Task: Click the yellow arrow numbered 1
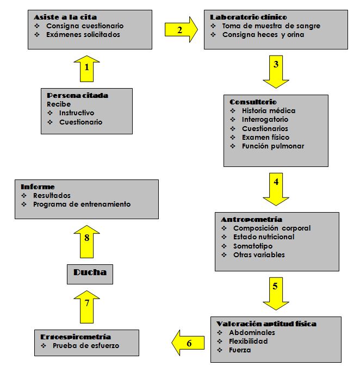click(x=86, y=69)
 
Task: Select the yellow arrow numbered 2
click(x=181, y=30)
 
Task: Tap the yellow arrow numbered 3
click(x=276, y=72)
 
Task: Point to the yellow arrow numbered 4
click(x=276, y=189)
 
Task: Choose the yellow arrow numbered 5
click(x=276, y=294)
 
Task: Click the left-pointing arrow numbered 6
click(x=188, y=343)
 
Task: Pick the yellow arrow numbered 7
click(x=86, y=307)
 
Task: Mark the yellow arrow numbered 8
click(x=86, y=241)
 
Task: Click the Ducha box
click(x=90, y=274)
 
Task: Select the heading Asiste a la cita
click(x=65, y=17)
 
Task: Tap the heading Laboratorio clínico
click(x=249, y=17)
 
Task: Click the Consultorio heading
click(x=253, y=102)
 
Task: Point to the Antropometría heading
click(x=251, y=220)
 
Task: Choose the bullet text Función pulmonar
click(x=273, y=146)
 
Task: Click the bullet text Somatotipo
click(x=253, y=246)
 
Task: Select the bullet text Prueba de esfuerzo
click(x=86, y=345)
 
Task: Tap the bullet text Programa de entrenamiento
click(x=82, y=204)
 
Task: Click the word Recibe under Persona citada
click(x=59, y=104)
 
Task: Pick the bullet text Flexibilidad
click(x=248, y=342)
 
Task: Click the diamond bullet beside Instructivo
click(x=50, y=113)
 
